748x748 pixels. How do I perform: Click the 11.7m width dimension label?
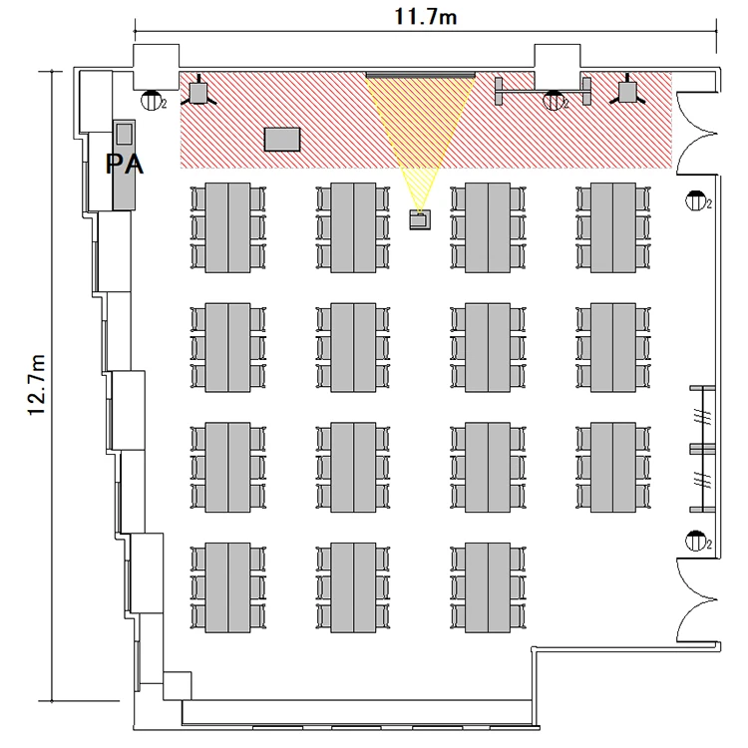pyautogui.click(x=426, y=17)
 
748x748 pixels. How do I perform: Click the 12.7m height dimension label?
pyautogui.click(x=36, y=385)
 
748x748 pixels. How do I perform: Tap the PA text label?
pyautogui.click(x=124, y=165)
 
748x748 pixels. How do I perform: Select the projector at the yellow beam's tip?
pyautogui.click(x=420, y=219)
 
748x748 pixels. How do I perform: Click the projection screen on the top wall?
pyautogui.click(x=421, y=75)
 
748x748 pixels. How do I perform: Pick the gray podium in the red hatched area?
pyautogui.click(x=282, y=140)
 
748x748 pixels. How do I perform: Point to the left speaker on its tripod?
pyautogui.click(x=198, y=92)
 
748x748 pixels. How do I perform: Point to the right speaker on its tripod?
pyautogui.click(x=627, y=92)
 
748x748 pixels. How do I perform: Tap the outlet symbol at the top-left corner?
pyautogui.click(x=151, y=101)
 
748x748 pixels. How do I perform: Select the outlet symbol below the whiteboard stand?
pyautogui.click(x=553, y=101)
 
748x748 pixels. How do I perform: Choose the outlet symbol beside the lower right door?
pyautogui.click(x=696, y=541)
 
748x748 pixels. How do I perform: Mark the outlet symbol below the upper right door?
pyautogui.click(x=696, y=200)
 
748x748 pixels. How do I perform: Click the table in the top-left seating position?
pyautogui.click(x=228, y=227)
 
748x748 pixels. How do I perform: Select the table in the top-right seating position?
pyautogui.click(x=613, y=227)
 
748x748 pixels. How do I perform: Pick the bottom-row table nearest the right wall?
pyautogui.click(x=488, y=587)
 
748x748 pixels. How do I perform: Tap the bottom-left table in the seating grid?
pyautogui.click(x=228, y=587)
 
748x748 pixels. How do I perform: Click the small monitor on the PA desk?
pyautogui.click(x=124, y=134)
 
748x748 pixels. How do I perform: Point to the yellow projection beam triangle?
pyautogui.click(x=420, y=129)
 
